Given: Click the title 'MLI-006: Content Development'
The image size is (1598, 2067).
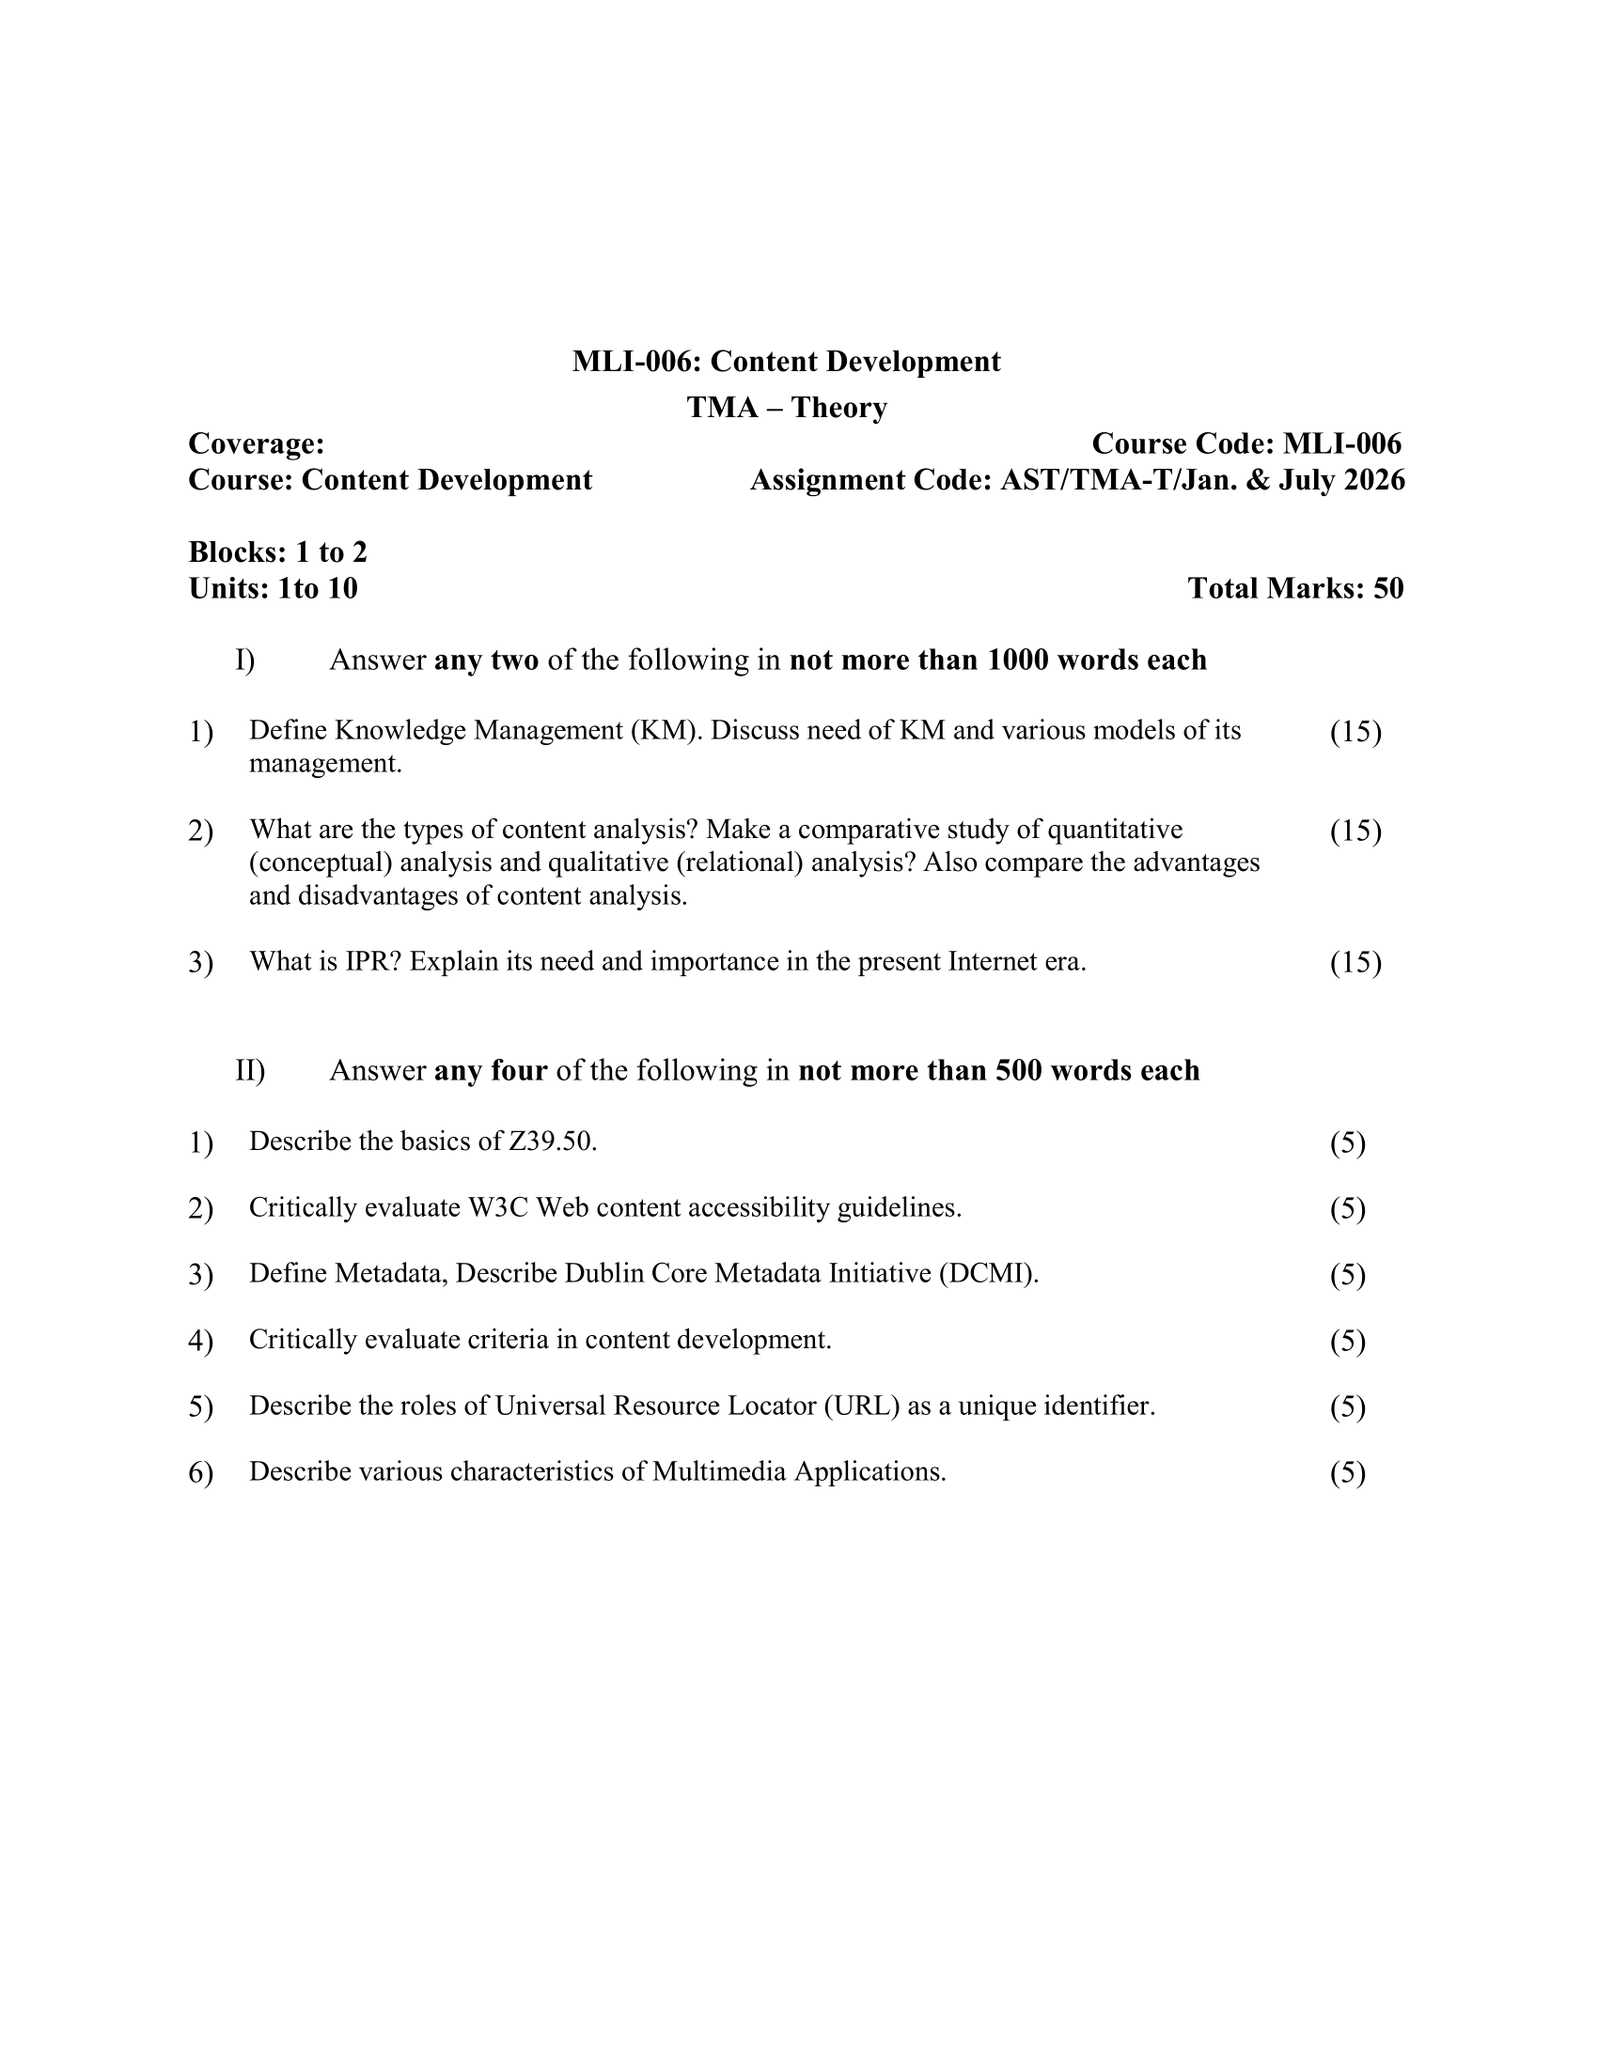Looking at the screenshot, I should [x=786, y=362].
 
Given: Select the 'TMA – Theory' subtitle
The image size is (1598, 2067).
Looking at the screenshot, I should [x=786, y=408].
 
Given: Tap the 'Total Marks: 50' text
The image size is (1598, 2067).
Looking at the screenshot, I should [x=1295, y=589].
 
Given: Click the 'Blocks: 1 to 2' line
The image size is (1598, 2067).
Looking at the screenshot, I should [x=277, y=552].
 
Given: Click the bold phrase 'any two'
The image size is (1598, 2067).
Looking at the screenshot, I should [x=486, y=660].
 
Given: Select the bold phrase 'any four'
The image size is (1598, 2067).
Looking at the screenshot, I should [x=491, y=1070].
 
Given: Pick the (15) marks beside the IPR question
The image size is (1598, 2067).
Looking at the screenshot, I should [x=1355, y=962].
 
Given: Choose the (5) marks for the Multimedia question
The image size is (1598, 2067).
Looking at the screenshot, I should [x=1347, y=1472].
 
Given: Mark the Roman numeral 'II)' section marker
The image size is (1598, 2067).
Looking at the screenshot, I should [x=250, y=1071].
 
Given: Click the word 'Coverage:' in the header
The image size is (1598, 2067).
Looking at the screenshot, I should [x=257, y=443].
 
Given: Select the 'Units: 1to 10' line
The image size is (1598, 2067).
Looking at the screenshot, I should [x=273, y=589].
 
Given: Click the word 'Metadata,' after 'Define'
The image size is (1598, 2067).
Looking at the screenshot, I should [x=390, y=1274].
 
